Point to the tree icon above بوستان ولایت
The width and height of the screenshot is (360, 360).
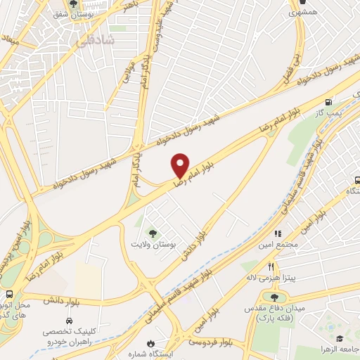[152, 233]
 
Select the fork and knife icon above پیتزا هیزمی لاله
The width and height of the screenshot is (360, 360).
[271, 266]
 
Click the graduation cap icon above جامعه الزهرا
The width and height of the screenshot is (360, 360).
[339, 338]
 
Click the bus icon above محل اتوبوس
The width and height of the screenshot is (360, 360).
[9, 294]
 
